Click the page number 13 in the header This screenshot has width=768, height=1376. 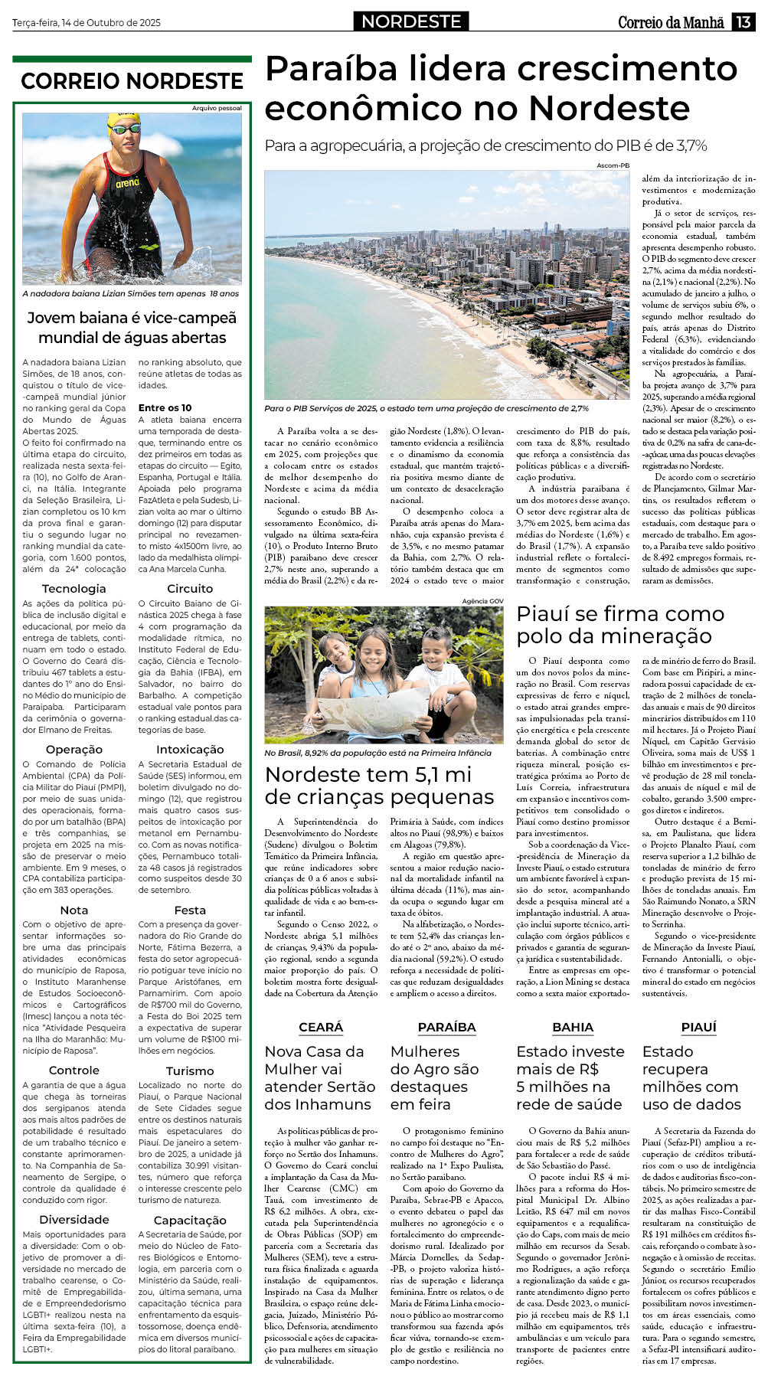click(x=743, y=21)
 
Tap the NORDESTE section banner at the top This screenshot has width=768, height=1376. click(x=411, y=21)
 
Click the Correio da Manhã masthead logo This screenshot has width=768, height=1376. click(x=671, y=22)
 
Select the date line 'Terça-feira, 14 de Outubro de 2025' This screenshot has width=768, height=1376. click(x=87, y=23)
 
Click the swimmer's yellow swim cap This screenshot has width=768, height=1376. click(x=123, y=122)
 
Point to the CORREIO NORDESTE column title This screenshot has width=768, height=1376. click(x=132, y=81)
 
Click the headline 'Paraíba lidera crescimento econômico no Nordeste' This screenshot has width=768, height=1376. click(x=501, y=88)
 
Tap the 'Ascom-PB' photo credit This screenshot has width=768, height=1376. click(x=613, y=165)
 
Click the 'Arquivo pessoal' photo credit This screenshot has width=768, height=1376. click(x=217, y=108)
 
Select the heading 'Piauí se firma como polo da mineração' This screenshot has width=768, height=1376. click(x=620, y=624)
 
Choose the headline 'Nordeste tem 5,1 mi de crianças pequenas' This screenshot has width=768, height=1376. click(x=379, y=785)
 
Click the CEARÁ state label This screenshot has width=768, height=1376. click(x=321, y=1027)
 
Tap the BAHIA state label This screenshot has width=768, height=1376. click(x=573, y=1027)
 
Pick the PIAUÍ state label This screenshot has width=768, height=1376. click(x=698, y=1027)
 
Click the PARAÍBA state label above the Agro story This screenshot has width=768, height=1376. click(x=446, y=1027)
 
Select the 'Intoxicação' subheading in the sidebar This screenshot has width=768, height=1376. click(x=190, y=749)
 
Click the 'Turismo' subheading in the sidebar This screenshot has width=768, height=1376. click(x=190, y=1070)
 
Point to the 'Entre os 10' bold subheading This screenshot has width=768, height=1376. click(x=165, y=407)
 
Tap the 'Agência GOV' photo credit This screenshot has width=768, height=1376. click(x=483, y=601)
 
